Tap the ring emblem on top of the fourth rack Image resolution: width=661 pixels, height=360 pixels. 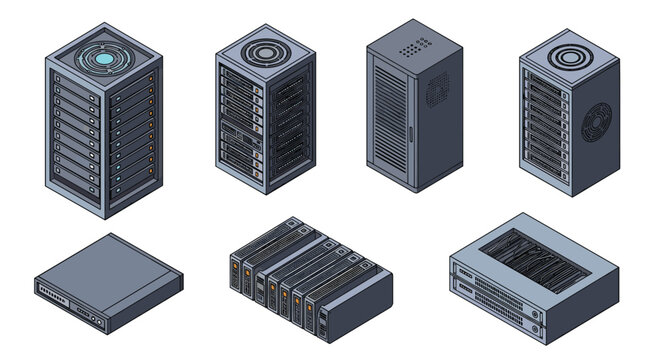coord(566,53)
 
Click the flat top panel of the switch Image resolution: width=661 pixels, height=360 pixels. coord(105,269)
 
